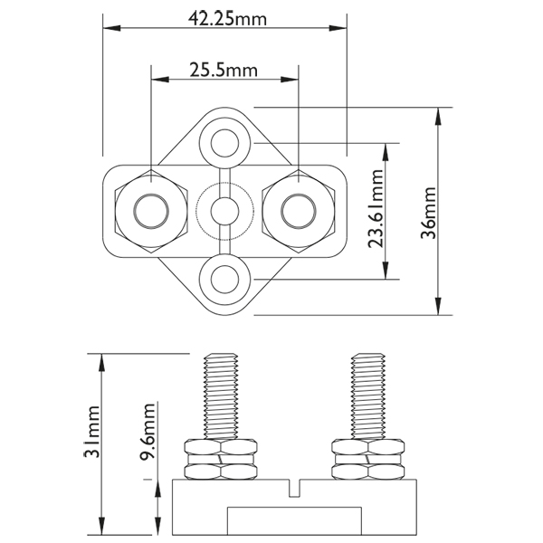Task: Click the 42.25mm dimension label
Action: (227, 19)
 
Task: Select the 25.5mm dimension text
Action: (224, 70)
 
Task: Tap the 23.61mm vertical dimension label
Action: (376, 208)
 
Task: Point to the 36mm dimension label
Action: (428, 213)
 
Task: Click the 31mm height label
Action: (91, 432)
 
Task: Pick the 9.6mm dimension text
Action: (148, 431)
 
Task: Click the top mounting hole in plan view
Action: (224, 143)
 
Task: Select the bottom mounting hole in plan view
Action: (224, 279)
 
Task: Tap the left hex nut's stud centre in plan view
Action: (151, 211)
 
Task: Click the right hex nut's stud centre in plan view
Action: (299, 211)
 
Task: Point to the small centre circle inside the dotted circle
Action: (224, 211)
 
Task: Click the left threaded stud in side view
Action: (222, 396)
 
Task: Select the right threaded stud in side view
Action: (368, 396)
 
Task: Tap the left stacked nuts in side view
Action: (222, 460)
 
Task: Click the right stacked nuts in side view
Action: (368, 460)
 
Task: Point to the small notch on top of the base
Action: (294, 489)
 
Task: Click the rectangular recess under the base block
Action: (294, 521)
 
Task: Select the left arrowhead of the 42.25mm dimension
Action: (112, 28)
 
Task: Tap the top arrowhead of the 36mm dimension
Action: (438, 117)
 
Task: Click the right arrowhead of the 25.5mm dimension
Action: (290, 80)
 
